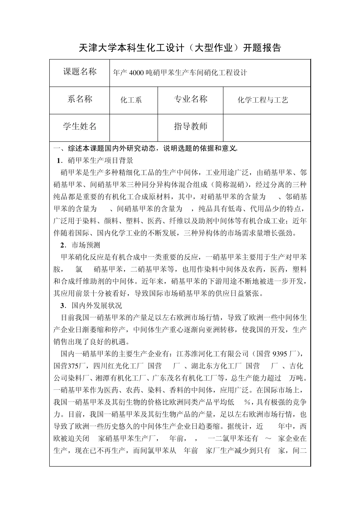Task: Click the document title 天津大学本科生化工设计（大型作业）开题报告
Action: [180, 48]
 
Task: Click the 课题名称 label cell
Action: [80, 72]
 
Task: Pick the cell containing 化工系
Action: [131, 100]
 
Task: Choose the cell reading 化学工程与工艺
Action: [263, 100]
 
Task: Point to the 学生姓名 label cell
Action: [80, 126]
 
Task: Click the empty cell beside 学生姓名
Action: [133, 127]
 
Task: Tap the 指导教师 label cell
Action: [191, 126]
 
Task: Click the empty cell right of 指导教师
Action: [267, 127]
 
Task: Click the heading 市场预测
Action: [86, 245]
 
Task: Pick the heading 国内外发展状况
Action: [97, 306]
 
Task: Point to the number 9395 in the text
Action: [280, 354]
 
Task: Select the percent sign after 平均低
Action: [248, 402]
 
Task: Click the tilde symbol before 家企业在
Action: [268, 439]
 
